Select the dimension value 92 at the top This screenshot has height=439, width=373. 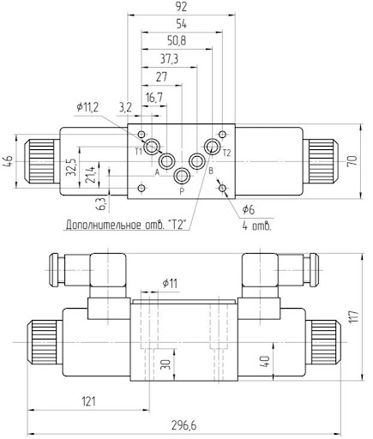[x=181, y=8]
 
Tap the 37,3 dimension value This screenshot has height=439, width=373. [x=171, y=58]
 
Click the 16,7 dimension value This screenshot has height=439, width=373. [x=154, y=98]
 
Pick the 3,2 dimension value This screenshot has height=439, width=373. [x=126, y=107]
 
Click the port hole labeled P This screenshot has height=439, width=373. [x=182, y=177]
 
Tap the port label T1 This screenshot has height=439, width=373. [x=138, y=152]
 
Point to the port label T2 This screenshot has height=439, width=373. [x=226, y=153]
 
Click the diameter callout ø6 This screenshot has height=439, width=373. [x=250, y=209]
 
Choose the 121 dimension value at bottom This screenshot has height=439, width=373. [x=89, y=400]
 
